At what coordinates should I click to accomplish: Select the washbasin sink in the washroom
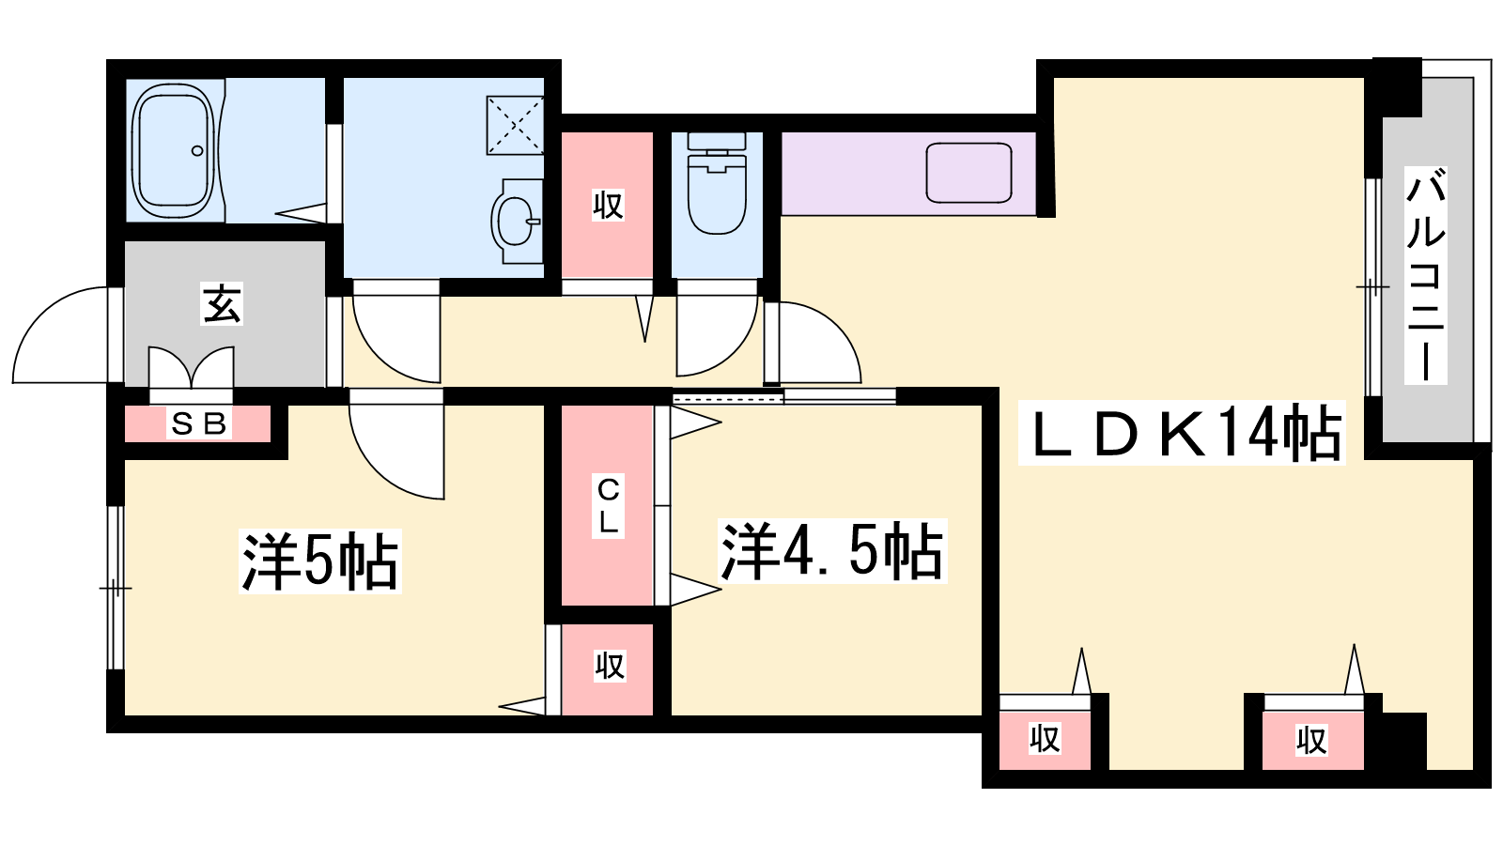click(x=517, y=222)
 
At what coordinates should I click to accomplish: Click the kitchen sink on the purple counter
click(x=968, y=173)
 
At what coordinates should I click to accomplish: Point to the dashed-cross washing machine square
click(x=515, y=126)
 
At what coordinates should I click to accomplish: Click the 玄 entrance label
click(x=222, y=304)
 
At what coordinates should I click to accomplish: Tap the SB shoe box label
click(x=198, y=423)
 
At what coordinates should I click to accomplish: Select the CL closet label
click(x=608, y=505)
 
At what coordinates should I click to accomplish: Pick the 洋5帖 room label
click(x=320, y=561)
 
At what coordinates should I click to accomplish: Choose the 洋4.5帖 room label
click(x=832, y=550)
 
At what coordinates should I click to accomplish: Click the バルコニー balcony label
click(x=1425, y=275)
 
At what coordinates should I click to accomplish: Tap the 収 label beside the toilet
click(x=608, y=206)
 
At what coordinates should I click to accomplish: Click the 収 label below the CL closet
click(x=610, y=666)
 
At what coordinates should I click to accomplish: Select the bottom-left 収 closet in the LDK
click(x=1045, y=739)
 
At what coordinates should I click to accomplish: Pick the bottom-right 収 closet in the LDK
click(x=1312, y=741)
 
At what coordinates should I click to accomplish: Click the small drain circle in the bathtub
click(x=197, y=151)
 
